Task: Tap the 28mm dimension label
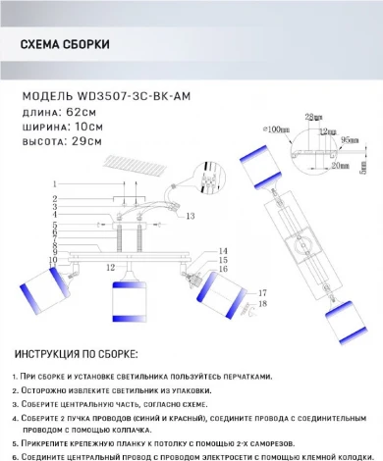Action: tap(311, 117)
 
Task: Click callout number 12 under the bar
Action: tap(111, 267)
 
